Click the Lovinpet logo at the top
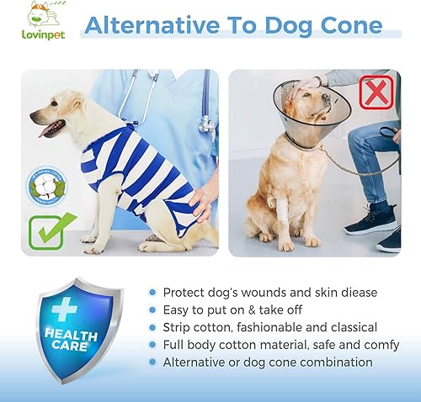(41, 24)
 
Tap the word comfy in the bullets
(354, 345)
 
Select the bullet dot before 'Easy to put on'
(152, 310)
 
